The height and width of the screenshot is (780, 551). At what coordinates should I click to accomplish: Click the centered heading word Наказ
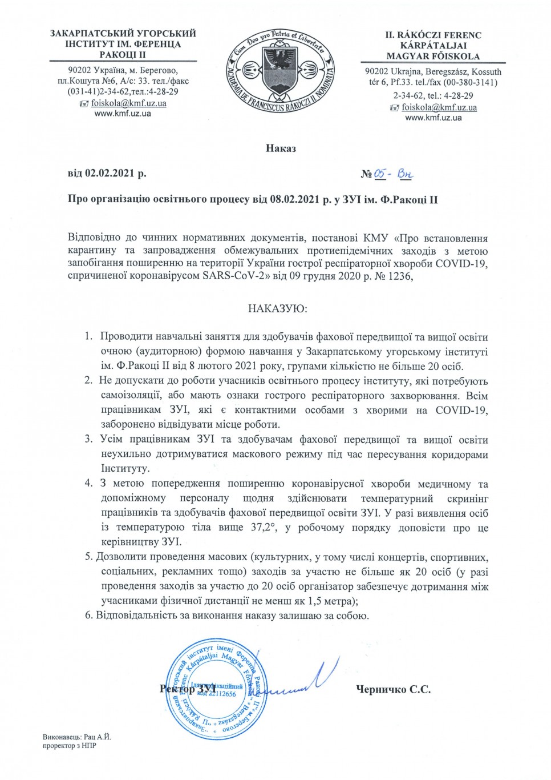pyautogui.click(x=281, y=148)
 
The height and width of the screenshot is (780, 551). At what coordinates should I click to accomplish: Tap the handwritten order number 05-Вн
pyautogui.click(x=393, y=174)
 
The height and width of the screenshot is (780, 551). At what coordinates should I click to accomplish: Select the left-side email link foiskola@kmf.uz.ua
pyautogui.click(x=128, y=103)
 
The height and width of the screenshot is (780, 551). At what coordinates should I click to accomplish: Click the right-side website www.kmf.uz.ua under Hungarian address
pyautogui.click(x=433, y=118)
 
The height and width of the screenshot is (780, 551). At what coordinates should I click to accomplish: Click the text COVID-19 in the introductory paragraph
pyautogui.click(x=461, y=264)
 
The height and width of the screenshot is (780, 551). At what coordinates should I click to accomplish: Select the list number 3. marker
pyautogui.click(x=88, y=439)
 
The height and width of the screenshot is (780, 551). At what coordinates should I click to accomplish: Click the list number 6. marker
pyautogui.click(x=88, y=616)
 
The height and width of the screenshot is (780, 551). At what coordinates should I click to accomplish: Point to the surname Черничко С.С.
pyautogui.click(x=393, y=689)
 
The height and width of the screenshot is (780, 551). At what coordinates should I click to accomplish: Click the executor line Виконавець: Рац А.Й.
pyautogui.click(x=77, y=737)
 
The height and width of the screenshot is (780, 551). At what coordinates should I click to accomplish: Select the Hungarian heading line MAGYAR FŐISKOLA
pyautogui.click(x=433, y=56)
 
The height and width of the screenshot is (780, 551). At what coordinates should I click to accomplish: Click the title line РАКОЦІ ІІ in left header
pyautogui.click(x=123, y=54)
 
